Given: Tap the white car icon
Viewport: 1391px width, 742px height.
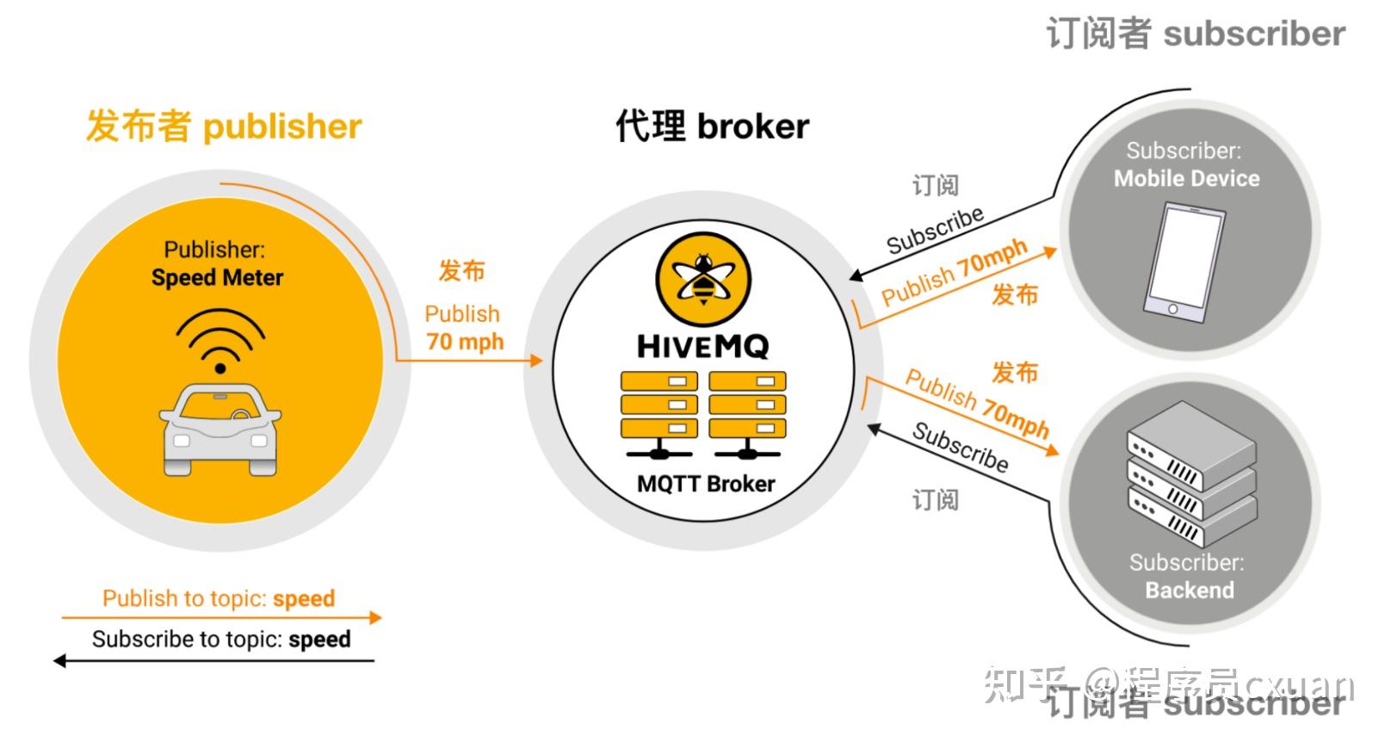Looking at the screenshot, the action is [220, 429].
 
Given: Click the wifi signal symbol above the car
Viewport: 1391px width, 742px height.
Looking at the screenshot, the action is [220, 340].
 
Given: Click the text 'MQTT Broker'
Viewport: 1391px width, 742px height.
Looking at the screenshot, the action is [706, 485].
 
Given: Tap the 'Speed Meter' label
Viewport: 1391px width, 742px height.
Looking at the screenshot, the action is [217, 278].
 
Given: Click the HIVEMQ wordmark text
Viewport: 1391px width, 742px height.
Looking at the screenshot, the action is [702, 347].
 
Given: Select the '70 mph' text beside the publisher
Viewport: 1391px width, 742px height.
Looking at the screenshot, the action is [465, 342].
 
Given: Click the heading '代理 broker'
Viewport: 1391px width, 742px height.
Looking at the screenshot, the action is [712, 127].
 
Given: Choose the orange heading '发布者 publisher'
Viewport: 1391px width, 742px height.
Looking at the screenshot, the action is [224, 127].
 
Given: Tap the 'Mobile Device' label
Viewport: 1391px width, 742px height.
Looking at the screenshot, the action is [1186, 179].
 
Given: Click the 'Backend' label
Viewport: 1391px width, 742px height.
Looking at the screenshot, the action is [1189, 591].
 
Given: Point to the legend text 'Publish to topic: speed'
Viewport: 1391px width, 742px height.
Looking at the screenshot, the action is [219, 598].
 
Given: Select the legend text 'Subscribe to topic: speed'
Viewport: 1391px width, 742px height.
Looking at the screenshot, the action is [221, 640].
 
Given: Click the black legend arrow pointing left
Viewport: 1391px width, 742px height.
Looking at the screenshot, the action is [215, 661].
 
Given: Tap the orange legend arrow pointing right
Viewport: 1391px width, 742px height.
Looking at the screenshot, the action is [220, 617].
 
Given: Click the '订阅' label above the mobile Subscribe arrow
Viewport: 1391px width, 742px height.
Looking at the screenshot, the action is [935, 185].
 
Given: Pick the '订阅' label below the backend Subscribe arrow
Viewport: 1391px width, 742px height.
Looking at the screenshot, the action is [935, 500].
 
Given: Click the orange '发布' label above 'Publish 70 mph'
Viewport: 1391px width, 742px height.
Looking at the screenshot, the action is [462, 271].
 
